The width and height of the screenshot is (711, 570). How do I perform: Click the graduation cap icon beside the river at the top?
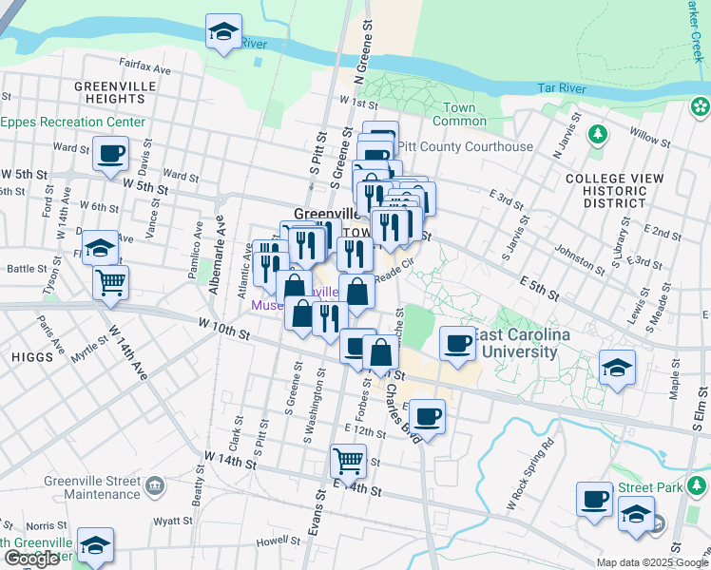[x=223, y=32]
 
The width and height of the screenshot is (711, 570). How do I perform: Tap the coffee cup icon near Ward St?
[x=110, y=153]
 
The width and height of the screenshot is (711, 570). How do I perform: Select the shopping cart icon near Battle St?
[x=111, y=282]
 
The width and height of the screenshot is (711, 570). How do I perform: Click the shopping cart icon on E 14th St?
[x=348, y=461]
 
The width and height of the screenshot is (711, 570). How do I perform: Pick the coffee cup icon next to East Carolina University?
[x=457, y=342]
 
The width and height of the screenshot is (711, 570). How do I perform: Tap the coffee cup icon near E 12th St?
[x=428, y=415]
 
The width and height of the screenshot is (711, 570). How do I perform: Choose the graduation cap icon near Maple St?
[x=617, y=368]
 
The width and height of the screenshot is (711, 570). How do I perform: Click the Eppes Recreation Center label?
[x=73, y=123]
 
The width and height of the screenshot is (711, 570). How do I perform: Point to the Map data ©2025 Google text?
[x=652, y=562]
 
